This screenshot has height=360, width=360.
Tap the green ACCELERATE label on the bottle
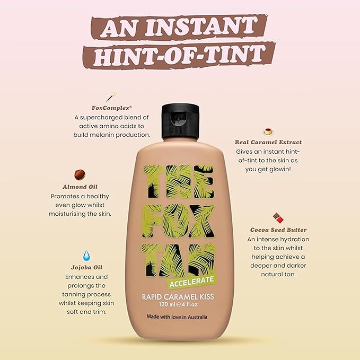click(192, 279)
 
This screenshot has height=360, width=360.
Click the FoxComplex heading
click(112, 108)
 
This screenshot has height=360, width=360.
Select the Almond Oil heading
click(80, 187)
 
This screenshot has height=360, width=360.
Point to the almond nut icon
click(80, 175)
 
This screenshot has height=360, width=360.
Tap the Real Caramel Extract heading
click(268, 142)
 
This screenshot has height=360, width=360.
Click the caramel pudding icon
click(268, 131)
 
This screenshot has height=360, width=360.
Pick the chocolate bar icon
click(278, 217)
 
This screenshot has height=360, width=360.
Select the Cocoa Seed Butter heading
click(278, 230)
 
